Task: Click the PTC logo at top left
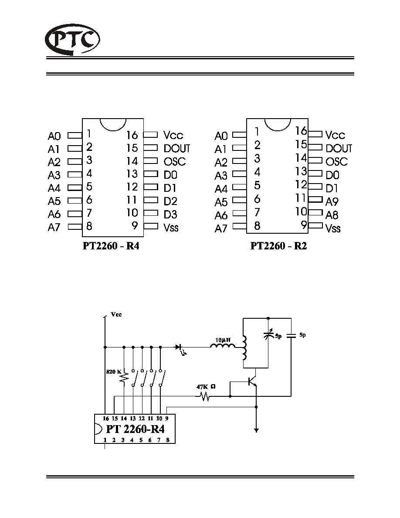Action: point(72,39)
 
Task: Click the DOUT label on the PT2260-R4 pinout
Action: point(177,148)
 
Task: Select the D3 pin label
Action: point(170,215)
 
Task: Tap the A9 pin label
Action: point(332,201)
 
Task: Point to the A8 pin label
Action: point(332,215)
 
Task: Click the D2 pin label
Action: point(170,201)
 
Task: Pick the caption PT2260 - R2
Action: point(278,246)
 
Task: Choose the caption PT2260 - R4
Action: point(111,246)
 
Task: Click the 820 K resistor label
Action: point(114,371)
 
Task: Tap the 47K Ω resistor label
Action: point(206,386)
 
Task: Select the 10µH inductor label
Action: point(223,340)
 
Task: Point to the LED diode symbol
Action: point(180,349)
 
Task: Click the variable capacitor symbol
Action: point(268,334)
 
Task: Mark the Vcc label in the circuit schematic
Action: point(116,314)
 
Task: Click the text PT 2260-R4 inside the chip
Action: point(135,429)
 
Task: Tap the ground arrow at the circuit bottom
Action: point(257,430)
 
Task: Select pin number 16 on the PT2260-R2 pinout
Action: point(301,131)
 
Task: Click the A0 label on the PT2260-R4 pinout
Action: point(54,136)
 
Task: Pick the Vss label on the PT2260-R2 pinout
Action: point(332,228)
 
